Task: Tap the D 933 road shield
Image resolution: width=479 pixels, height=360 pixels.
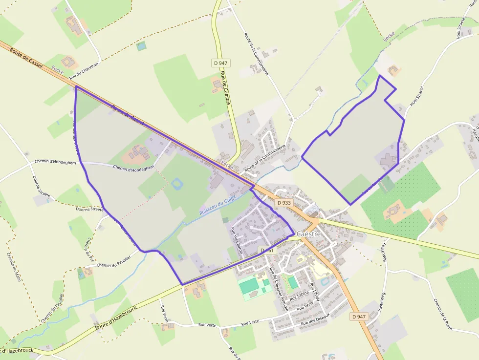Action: pyautogui.click(x=283, y=203)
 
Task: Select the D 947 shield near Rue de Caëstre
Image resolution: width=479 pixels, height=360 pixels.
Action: pyautogui.click(x=221, y=63)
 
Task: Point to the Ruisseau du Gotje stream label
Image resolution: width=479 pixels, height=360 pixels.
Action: pyautogui.click(x=218, y=206)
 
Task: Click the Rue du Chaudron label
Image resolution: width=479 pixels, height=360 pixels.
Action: pyautogui.click(x=84, y=71)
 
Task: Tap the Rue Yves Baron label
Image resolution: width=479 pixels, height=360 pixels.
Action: pyautogui.click(x=236, y=240)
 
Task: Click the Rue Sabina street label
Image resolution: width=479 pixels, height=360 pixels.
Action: pyautogui.click(x=299, y=296)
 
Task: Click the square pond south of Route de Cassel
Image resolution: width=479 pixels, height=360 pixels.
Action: pyautogui.click(x=176, y=184)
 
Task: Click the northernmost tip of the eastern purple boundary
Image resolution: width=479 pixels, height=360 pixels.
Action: pyautogui.click(x=380, y=76)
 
